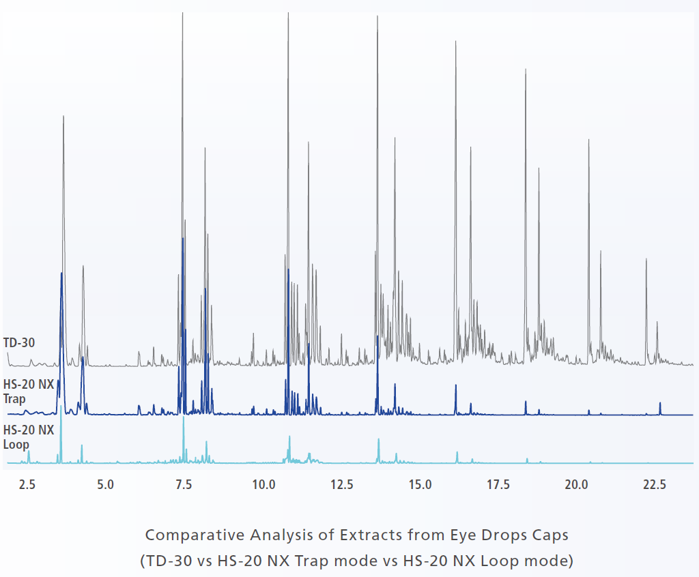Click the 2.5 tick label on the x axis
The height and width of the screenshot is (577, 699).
[x=27, y=484]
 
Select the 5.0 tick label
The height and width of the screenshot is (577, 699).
[x=105, y=484]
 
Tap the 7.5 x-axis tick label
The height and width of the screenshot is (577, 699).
[x=184, y=484]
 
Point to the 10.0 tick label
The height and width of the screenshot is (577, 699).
[x=263, y=484]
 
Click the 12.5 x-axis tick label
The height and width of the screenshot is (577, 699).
[x=341, y=484]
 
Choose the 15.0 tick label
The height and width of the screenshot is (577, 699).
[x=420, y=484]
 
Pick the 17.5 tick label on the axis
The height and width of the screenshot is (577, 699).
[x=498, y=484]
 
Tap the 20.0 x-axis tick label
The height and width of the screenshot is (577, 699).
[x=577, y=484]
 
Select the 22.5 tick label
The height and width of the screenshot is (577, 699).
[x=655, y=484]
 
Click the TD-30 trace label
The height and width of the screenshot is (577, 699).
[x=19, y=342]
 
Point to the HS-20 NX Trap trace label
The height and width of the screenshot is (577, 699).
[x=28, y=391]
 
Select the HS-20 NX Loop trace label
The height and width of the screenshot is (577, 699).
[x=28, y=437]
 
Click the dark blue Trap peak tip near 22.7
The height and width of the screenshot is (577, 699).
[x=660, y=403]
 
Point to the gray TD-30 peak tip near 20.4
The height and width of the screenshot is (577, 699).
[x=589, y=140]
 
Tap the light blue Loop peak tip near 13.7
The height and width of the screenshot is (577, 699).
[x=378, y=439]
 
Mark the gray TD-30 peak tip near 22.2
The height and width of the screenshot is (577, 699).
[x=646, y=259]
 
